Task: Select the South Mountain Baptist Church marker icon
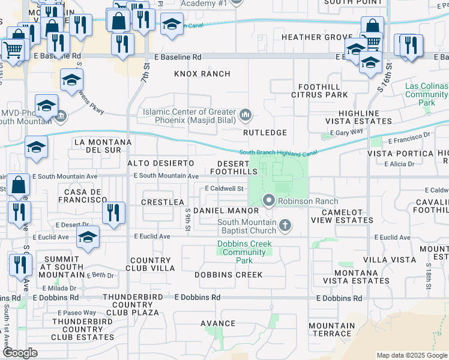click(285, 226)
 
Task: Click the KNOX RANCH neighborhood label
click(202, 74)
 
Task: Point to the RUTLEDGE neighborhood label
click(265, 132)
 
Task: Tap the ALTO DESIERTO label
click(161, 163)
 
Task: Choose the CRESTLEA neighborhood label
click(162, 202)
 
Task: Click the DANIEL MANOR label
click(226, 211)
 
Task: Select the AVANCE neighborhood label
click(218, 323)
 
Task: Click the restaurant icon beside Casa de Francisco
click(113, 212)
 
